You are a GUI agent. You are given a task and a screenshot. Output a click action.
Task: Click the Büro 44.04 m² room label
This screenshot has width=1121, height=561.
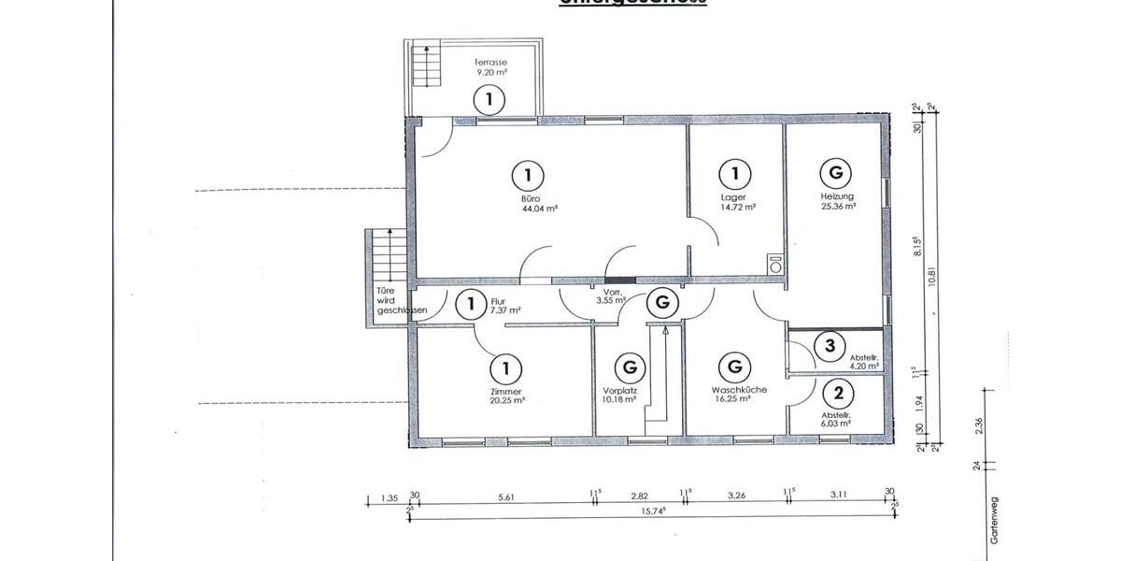(x=528, y=204)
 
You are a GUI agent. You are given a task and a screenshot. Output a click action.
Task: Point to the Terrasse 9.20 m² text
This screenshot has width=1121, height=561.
(x=490, y=65)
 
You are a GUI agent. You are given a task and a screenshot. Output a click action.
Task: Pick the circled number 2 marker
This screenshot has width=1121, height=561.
(x=838, y=393)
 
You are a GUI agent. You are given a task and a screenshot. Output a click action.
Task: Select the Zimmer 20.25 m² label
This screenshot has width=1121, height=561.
(x=505, y=396)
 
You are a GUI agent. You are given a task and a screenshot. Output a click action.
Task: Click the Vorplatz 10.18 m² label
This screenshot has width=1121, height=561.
(x=619, y=396)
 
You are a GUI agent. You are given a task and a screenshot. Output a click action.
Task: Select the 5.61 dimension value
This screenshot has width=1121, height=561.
(x=506, y=497)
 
